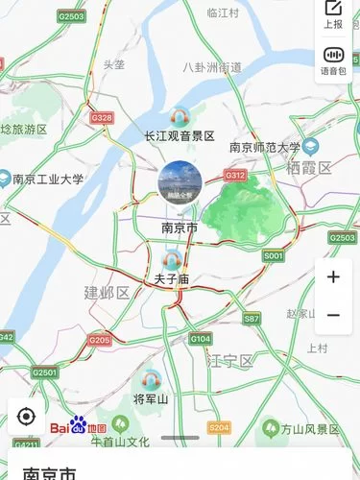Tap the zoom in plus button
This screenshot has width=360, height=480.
[333, 277]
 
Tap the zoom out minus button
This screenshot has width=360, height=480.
[333, 315]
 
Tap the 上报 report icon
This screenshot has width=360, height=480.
[333, 15]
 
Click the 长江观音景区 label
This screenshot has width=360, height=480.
[179, 135]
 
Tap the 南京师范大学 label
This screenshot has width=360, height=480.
[265, 148]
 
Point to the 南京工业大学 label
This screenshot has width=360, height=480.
[48, 179]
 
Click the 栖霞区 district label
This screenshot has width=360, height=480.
[308, 168]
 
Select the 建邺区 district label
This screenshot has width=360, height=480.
[107, 292]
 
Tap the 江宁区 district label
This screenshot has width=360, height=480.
[229, 361]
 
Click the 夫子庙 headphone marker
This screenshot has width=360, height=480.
[174, 258]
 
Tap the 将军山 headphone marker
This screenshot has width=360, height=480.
[151, 379]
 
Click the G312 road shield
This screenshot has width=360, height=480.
[235, 176]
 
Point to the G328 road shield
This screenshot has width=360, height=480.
[101, 118]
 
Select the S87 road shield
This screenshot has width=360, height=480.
[252, 318]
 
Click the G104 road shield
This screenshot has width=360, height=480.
[200, 339]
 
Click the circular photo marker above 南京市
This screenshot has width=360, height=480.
[179, 182]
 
